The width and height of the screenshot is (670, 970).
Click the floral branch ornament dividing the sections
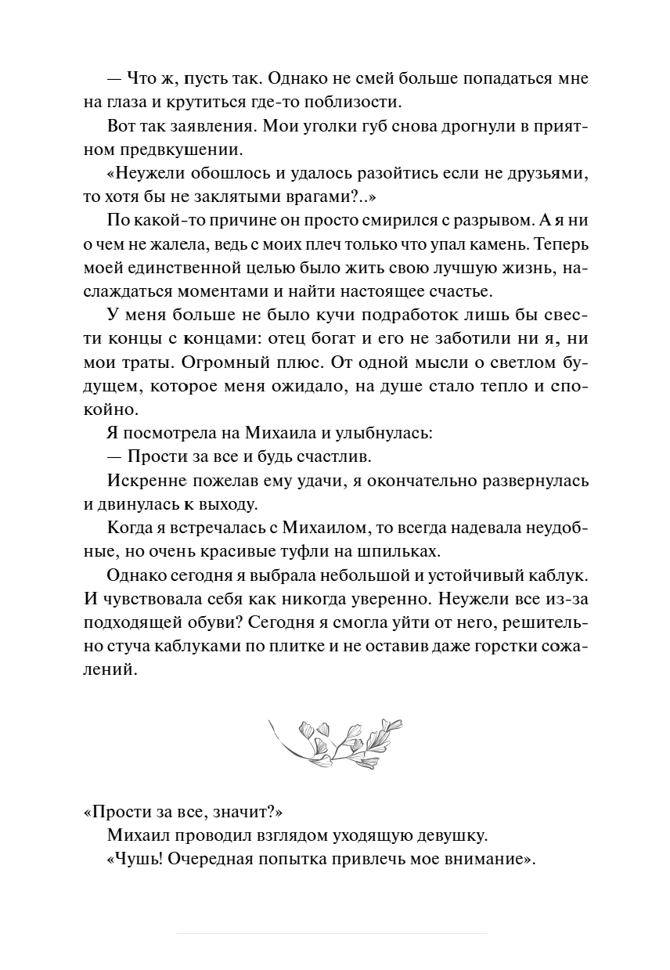(335, 738)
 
